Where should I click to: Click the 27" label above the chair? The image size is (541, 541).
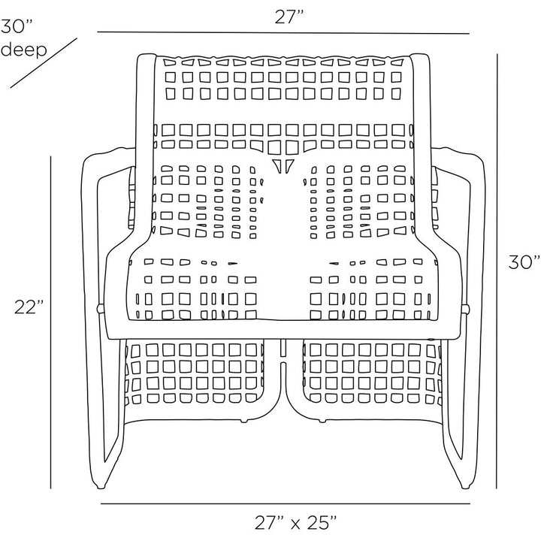point(289,17)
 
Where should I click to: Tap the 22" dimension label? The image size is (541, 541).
point(29,307)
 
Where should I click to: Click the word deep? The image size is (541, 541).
point(23,50)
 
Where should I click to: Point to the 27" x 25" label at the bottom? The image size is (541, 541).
point(296,522)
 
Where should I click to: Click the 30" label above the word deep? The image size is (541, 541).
point(17,26)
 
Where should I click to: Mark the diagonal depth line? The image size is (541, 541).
point(44,63)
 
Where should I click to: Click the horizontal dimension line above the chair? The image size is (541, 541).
point(283,33)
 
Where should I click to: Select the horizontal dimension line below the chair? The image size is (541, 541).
point(286,503)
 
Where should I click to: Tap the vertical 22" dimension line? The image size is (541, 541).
point(51,322)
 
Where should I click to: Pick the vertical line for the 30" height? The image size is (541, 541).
point(497,270)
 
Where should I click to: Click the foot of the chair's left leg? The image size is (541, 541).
point(100,486)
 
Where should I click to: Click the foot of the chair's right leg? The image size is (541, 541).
point(465,486)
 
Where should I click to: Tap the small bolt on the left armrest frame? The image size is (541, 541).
point(100,308)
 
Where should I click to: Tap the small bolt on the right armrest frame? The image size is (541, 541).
point(466,308)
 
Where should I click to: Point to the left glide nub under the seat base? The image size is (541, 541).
point(244,421)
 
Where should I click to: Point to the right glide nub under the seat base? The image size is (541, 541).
point(322,421)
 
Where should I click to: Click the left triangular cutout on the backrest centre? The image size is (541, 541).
point(277,165)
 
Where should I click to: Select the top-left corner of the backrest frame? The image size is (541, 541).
point(138,56)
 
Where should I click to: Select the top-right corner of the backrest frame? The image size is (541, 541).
point(428,56)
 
